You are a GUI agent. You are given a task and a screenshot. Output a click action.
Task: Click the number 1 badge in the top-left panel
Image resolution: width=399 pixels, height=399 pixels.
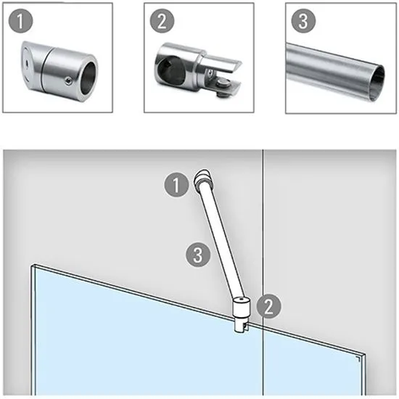tap(20, 21)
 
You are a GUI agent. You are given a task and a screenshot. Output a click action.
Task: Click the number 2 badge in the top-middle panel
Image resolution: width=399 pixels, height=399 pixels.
tap(162, 21)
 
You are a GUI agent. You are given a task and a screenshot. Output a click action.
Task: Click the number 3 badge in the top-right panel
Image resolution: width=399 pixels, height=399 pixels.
tap(303, 21)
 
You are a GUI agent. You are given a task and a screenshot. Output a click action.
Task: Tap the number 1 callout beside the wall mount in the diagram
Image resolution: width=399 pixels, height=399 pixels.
tap(176, 184)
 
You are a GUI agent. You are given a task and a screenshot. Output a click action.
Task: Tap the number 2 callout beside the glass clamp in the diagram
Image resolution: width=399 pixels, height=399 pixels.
tap(268, 306)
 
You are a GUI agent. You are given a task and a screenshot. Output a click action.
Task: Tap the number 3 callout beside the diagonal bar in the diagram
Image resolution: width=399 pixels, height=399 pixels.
tap(198, 255)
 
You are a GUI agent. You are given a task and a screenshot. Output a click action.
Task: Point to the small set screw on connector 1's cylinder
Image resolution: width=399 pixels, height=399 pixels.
tap(67, 81)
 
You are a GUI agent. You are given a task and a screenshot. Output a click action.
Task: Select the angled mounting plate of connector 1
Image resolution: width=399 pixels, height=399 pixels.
tap(28, 64)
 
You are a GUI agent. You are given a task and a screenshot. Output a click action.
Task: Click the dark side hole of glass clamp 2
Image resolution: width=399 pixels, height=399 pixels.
tap(167, 68)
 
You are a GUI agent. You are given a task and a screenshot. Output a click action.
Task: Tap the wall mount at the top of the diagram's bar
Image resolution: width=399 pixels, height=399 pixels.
tap(202, 179)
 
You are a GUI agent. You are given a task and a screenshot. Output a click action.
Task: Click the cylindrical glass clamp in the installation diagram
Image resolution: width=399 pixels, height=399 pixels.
tap(242, 314)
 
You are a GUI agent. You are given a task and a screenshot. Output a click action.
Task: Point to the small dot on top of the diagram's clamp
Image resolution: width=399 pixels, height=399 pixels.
tap(242, 299)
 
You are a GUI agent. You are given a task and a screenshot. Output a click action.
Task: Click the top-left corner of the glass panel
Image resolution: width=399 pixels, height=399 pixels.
tap(32, 266)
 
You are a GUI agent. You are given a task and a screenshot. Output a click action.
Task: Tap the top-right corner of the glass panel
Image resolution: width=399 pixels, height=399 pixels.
tap(366, 355)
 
